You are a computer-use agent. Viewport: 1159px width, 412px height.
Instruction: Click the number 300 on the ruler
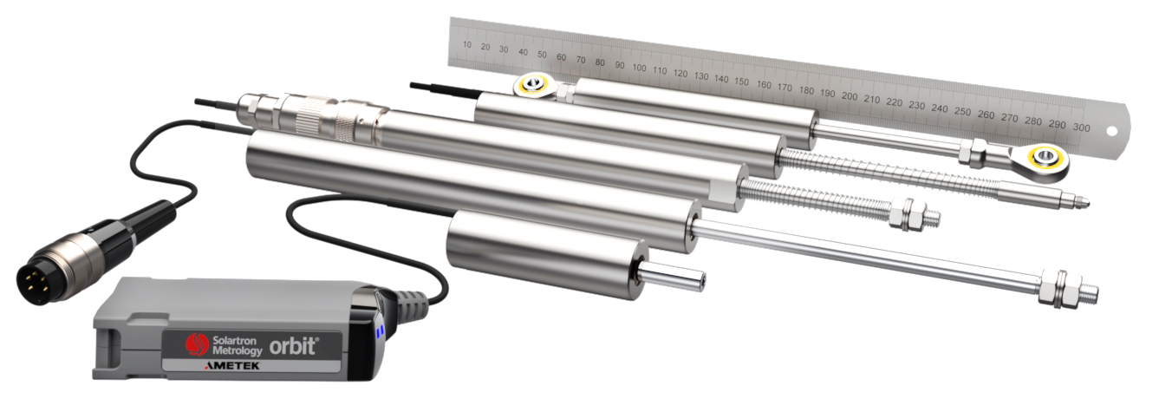tap(1081, 128)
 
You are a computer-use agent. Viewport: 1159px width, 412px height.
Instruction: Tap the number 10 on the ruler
tap(467, 44)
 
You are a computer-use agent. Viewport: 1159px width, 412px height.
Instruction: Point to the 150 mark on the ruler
tap(741, 82)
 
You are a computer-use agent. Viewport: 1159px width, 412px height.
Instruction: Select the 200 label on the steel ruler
tap(849, 96)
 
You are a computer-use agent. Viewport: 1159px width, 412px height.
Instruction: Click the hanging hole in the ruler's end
tap(1110, 132)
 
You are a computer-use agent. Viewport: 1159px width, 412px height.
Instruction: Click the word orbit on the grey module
tap(293, 346)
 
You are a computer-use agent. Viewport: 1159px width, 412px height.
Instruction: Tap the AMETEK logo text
tap(232, 366)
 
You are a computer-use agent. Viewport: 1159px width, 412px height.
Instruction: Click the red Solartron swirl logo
tap(197, 343)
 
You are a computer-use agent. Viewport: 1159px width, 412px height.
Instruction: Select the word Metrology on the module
tap(238, 351)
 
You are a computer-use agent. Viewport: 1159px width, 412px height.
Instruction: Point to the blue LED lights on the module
tap(381, 331)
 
